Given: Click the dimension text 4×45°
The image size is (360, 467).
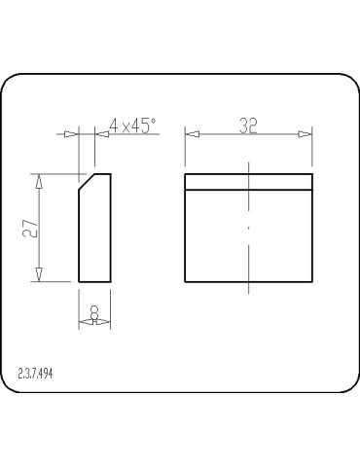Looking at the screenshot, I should tap(132, 126).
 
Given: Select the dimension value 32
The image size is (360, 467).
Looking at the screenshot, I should tap(247, 126).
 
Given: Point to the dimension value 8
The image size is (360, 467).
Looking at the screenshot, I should tap(93, 311).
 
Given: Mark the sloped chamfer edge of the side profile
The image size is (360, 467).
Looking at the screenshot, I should tap(86, 182).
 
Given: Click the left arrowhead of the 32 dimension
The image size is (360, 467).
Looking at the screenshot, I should tap(190, 135).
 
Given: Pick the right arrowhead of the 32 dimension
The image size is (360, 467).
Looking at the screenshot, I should tap(306, 135).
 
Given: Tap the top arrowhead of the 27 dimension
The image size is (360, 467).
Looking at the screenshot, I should tap(39, 180).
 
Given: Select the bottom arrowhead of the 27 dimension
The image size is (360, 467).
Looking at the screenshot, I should tap(39, 275).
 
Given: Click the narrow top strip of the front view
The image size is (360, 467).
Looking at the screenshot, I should tap(248, 181).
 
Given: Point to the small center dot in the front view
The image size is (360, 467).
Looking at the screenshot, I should tap(249, 227).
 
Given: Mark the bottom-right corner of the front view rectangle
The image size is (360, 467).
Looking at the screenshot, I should tap(312, 281).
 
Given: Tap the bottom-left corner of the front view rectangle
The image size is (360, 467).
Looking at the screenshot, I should tap(185, 281).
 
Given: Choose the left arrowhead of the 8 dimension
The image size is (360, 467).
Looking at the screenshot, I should tap(83, 323).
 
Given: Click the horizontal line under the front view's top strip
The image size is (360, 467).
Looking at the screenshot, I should tap(248, 188).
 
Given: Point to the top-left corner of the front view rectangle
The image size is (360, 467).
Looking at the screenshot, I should tap(185, 174).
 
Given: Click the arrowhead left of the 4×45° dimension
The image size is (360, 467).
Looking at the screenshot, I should tap(70, 135).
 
